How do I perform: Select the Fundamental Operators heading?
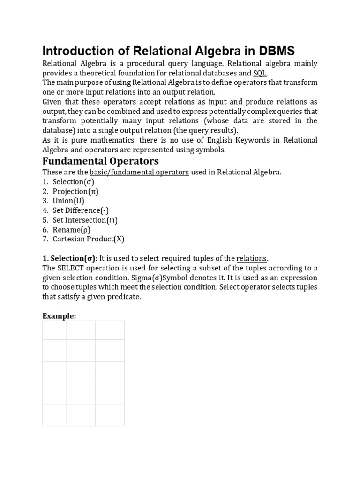[x=101, y=161]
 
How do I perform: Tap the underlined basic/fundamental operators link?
[x=139, y=172]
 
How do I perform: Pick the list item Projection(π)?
[x=75, y=191]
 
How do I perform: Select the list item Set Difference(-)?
[x=81, y=210]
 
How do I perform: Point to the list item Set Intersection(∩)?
[x=85, y=220]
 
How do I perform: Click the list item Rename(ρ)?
[x=71, y=230]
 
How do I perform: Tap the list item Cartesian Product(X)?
[x=88, y=239]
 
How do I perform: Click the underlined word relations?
[x=252, y=258]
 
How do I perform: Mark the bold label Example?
[x=59, y=316]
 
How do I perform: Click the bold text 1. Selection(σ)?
[x=70, y=258]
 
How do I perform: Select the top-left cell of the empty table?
[x=54, y=330]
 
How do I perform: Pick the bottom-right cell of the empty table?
[x=110, y=415]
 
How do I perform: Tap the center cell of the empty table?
[x=81, y=372]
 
